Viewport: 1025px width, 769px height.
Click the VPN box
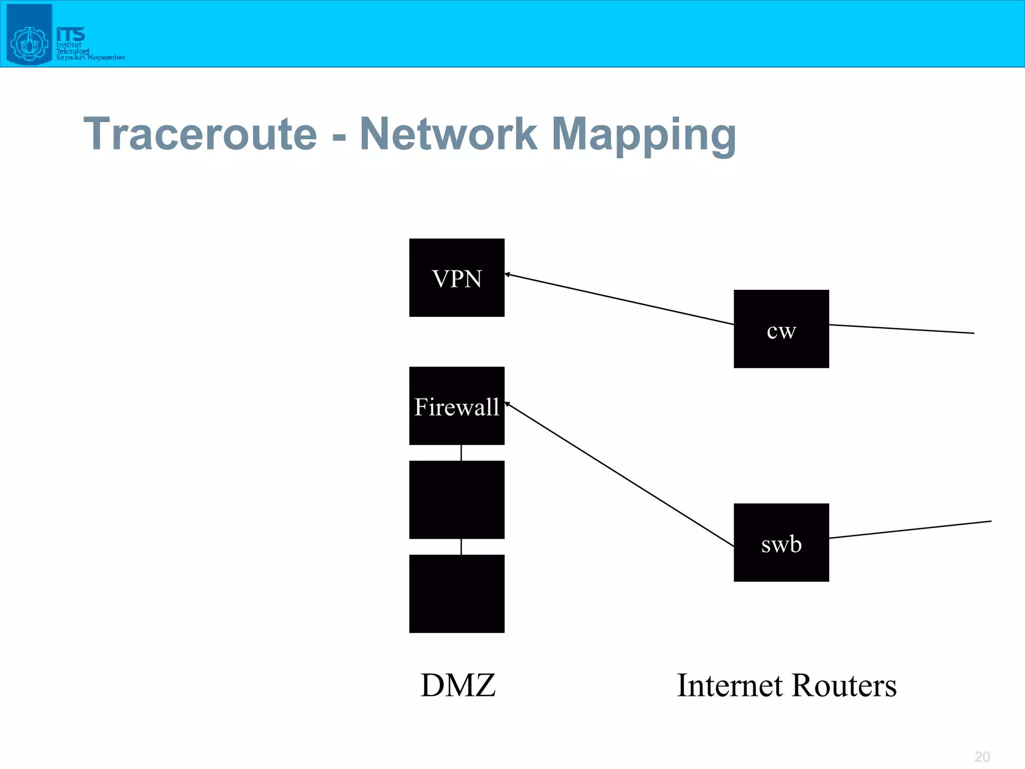coord(456,277)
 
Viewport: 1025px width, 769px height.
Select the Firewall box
coord(456,406)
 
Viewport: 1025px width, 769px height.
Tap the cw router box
coord(781,329)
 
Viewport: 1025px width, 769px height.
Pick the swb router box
coord(781,542)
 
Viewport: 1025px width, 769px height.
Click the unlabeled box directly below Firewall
coord(456,500)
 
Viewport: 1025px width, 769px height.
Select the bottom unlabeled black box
coord(456,593)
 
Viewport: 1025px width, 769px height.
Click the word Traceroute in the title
coord(200,134)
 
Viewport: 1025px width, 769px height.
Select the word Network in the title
coord(448,134)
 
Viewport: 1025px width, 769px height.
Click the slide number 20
coord(982,756)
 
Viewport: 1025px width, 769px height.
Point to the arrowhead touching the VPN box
coord(507,274)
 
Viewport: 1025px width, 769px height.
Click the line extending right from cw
coord(901,329)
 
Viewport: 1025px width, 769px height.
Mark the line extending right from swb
coord(910,530)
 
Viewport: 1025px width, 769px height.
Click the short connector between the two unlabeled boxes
coord(461,547)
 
